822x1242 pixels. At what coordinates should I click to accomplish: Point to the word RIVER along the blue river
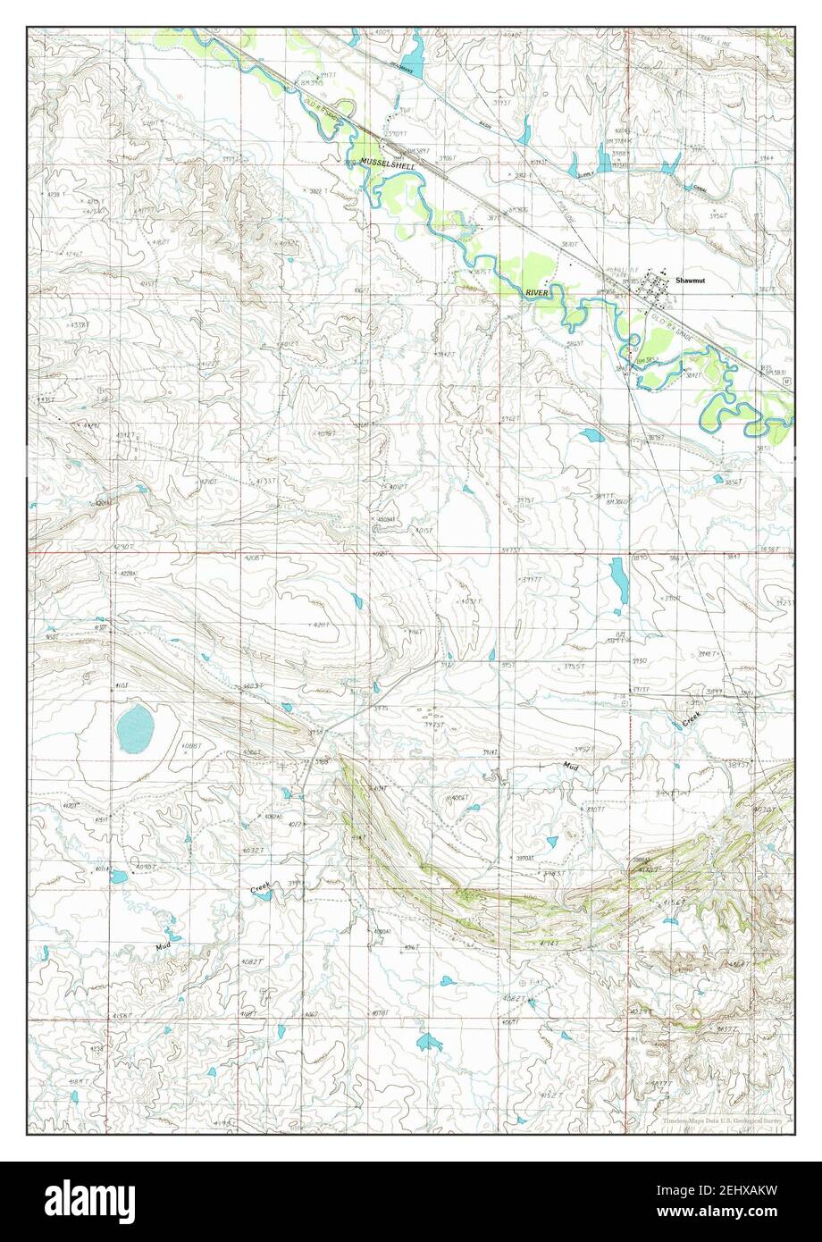[x=536, y=292]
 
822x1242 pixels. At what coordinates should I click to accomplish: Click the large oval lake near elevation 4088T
[x=135, y=726]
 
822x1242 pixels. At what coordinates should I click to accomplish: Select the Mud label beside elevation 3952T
[x=571, y=767]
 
